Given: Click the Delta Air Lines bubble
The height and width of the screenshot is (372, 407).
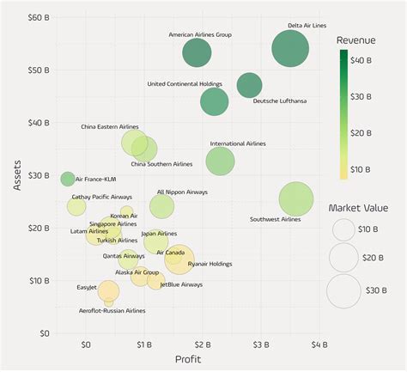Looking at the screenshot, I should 290,49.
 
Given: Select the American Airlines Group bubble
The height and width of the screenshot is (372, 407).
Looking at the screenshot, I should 197,54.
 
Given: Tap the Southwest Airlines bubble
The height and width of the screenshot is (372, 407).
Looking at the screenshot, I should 297,199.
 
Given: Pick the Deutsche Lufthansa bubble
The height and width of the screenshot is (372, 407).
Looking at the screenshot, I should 249,85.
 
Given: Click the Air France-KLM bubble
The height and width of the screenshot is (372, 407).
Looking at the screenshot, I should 68,179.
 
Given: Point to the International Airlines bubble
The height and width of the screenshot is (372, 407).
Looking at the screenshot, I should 221,161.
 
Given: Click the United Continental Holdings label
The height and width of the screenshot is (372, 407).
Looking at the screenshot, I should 184,84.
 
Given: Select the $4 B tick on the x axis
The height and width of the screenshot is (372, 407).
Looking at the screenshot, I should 319,344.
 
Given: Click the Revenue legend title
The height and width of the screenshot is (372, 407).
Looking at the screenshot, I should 355,40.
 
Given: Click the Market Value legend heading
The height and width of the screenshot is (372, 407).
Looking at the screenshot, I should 358,208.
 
